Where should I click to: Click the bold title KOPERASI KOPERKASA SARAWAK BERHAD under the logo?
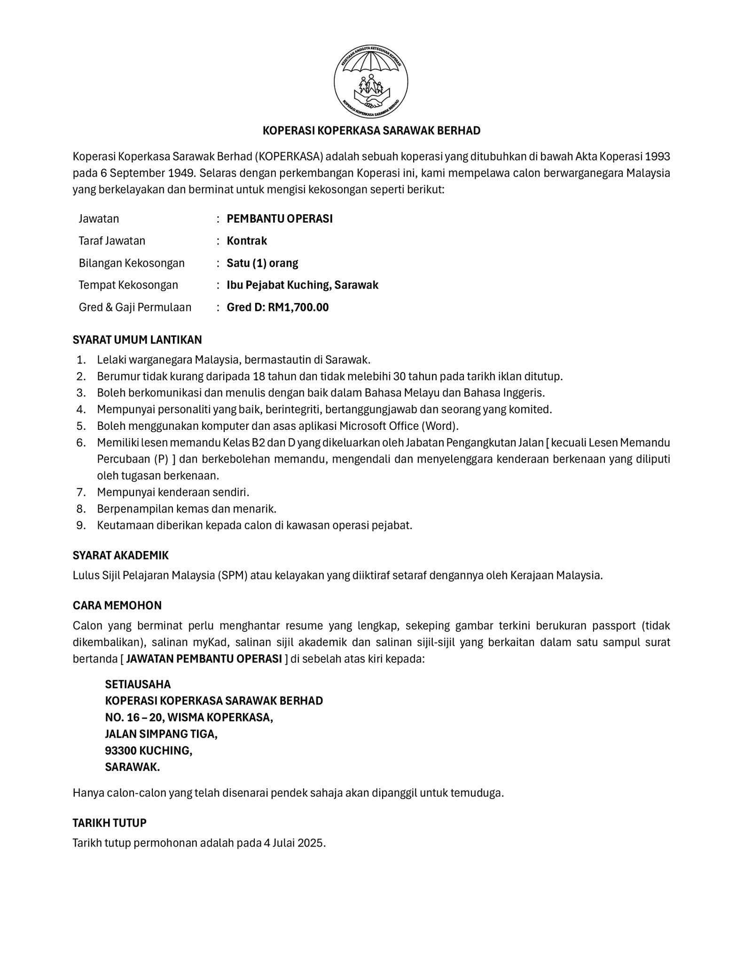[x=371, y=131]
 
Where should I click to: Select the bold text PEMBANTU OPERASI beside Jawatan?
[x=280, y=218]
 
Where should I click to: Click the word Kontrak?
[x=247, y=240]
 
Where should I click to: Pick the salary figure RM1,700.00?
[x=298, y=307]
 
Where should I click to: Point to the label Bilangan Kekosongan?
[x=132, y=263]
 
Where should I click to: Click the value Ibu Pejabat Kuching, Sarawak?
[x=302, y=285]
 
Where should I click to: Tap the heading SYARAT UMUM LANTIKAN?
[x=137, y=340]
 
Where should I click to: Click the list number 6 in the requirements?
[x=81, y=442]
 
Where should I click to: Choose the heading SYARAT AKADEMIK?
[x=120, y=555]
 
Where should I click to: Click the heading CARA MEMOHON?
[x=117, y=605]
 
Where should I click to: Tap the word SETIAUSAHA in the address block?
[x=138, y=684]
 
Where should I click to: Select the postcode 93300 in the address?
[x=120, y=751]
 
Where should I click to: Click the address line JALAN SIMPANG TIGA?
[x=161, y=734]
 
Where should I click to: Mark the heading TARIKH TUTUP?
[x=110, y=822]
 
